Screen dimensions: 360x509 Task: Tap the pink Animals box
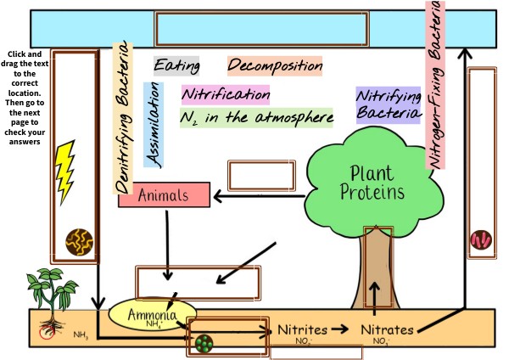click(x=164, y=195)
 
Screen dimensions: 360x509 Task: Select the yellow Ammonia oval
click(x=152, y=316)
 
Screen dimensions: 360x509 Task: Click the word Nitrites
click(x=302, y=329)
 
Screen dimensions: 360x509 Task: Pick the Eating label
click(x=176, y=65)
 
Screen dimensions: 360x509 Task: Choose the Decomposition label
click(x=275, y=65)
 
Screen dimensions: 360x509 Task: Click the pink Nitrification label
click(x=225, y=94)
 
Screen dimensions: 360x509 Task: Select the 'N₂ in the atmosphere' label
click(x=255, y=117)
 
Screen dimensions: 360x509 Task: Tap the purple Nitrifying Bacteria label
click(x=388, y=104)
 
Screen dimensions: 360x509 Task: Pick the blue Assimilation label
click(x=154, y=124)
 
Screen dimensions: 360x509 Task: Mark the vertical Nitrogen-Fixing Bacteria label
click(x=436, y=85)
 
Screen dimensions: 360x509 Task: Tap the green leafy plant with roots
click(x=48, y=297)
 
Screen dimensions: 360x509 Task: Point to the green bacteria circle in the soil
click(x=204, y=345)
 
